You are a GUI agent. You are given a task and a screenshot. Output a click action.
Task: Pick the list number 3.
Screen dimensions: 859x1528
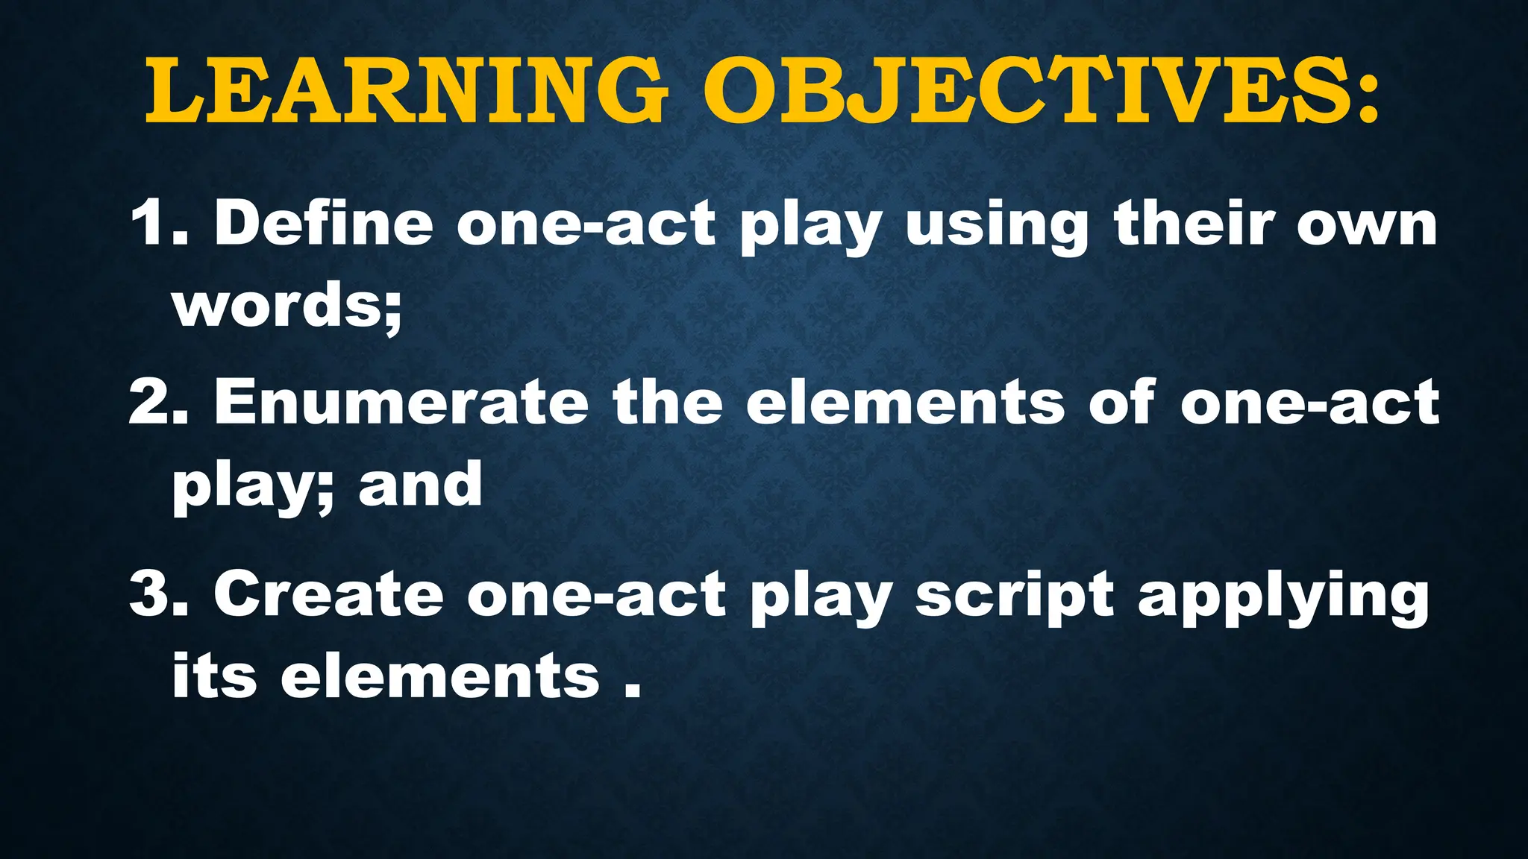pyautogui.click(x=157, y=594)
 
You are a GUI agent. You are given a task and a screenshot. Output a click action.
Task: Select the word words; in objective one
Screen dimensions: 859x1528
pyautogui.click(x=287, y=306)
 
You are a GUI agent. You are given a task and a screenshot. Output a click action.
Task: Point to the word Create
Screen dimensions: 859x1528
pyautogui.click(x=328, y=594)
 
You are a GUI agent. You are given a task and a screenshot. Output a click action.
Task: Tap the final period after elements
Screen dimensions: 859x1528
pyautogui.click(x=632, y=691)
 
